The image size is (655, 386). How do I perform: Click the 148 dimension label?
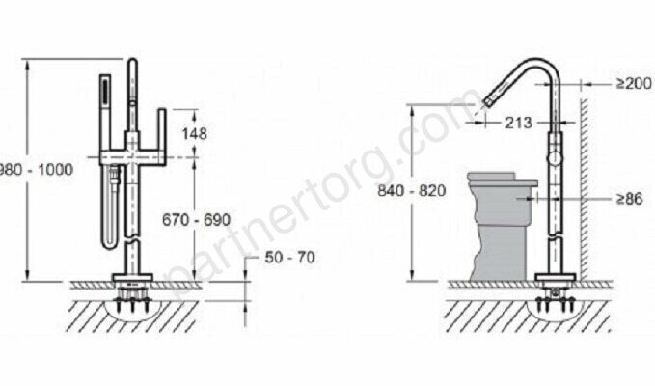pos(194,134)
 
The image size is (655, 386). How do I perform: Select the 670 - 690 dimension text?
pos(197,220)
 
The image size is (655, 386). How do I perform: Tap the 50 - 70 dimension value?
pos(290,258)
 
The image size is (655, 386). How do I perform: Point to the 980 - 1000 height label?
pos(36,170)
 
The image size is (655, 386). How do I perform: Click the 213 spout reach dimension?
pos(519,123)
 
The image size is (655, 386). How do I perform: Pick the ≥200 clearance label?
pos(634,84)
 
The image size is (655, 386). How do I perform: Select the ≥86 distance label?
pos(630,199)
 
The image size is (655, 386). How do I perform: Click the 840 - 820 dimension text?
pos(412,190)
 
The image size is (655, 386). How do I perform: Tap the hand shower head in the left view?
pos(105,96)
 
